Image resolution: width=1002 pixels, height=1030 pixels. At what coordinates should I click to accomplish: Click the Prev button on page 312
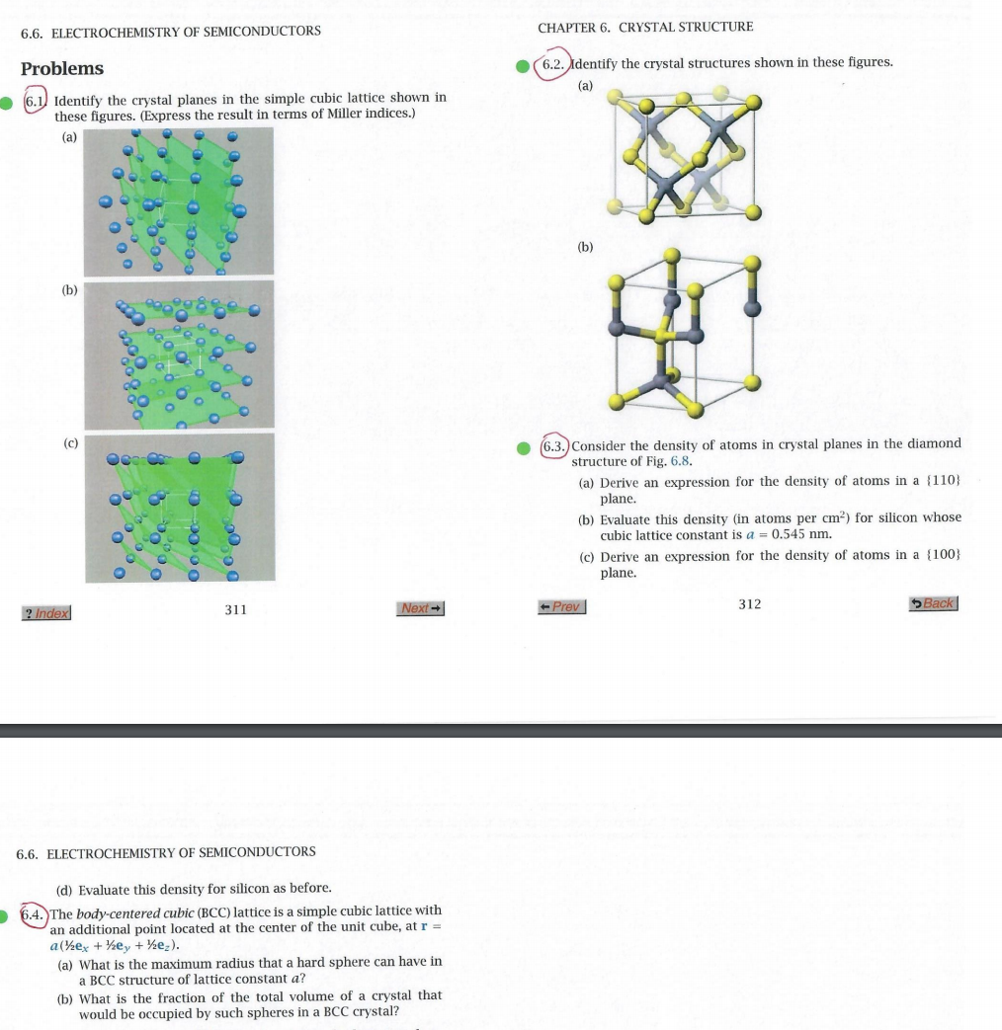point(562,606)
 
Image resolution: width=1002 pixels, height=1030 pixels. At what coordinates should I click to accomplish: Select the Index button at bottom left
point(46,613)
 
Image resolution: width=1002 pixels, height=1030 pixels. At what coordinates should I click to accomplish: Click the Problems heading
point(62,68)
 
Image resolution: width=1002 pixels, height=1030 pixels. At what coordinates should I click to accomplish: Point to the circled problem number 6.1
point(36,100)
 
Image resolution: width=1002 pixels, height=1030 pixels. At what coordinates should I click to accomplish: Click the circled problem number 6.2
point(550,63)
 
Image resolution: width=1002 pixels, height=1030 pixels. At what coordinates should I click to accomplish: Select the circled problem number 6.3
point(555,444)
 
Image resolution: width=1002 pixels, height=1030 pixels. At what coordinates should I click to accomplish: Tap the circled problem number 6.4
point(35,912)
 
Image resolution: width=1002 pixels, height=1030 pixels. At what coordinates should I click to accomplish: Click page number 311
point(235,610)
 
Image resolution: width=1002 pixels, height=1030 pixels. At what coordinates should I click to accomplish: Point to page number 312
point(750,604)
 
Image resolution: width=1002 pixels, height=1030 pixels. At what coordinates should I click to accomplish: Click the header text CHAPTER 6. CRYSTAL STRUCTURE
point(645,27)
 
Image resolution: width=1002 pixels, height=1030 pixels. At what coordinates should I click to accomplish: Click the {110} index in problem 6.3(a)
point(942,481)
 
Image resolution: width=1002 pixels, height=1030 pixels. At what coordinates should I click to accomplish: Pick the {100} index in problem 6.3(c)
point(942,556)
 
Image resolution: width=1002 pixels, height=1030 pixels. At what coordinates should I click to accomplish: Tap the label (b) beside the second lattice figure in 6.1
point(70,291)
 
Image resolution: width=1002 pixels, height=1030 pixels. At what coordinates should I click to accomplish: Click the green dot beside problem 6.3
point(525,446)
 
